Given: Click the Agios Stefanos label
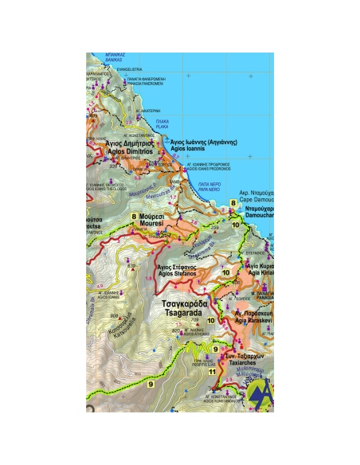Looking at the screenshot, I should tap(178, 270).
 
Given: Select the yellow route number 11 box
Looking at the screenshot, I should tap(211, 371).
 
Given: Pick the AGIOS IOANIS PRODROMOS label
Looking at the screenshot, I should tap(209, 166).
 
